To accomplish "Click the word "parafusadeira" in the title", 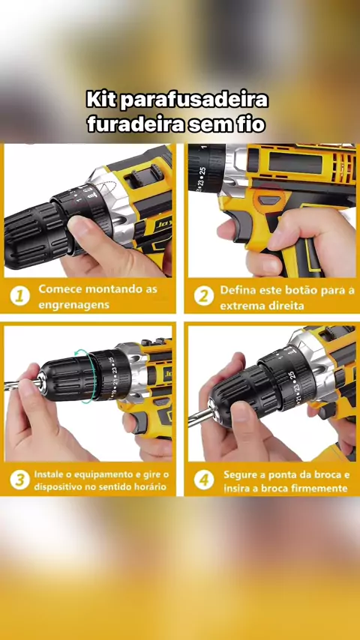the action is tap(194, 100).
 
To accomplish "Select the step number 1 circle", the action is tap(20, 295).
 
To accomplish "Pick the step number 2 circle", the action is tap(204, 295).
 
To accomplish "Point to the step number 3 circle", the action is tap(20, 480).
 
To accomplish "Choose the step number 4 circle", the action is tap(204, 480).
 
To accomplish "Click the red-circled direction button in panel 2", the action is tap(269, 200).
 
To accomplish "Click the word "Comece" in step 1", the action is tap(56, 289).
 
